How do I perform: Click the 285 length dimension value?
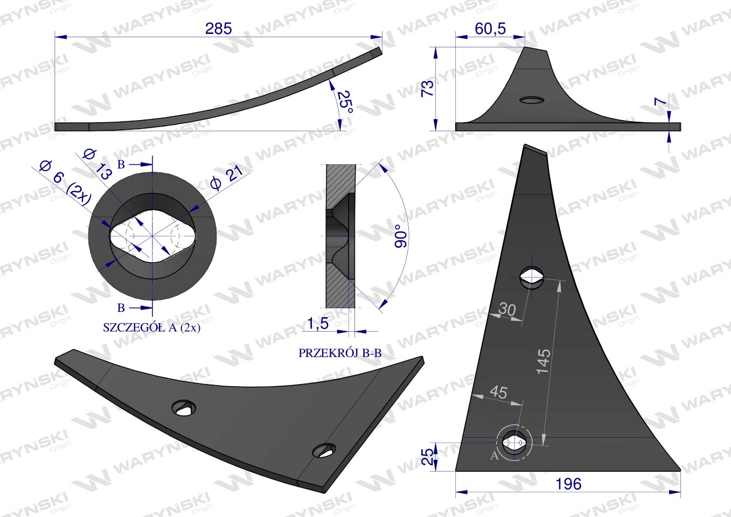[218, 29]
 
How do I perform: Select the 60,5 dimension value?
[490, 29]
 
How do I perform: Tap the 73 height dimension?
[428, 88]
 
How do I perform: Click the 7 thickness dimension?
[661, 102]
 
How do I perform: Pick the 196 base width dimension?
[568, 484]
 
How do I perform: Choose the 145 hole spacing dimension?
[544, 361]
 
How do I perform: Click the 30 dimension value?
[507, 309]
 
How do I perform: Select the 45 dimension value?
[499, 392]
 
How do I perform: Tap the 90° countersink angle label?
[401, 236]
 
